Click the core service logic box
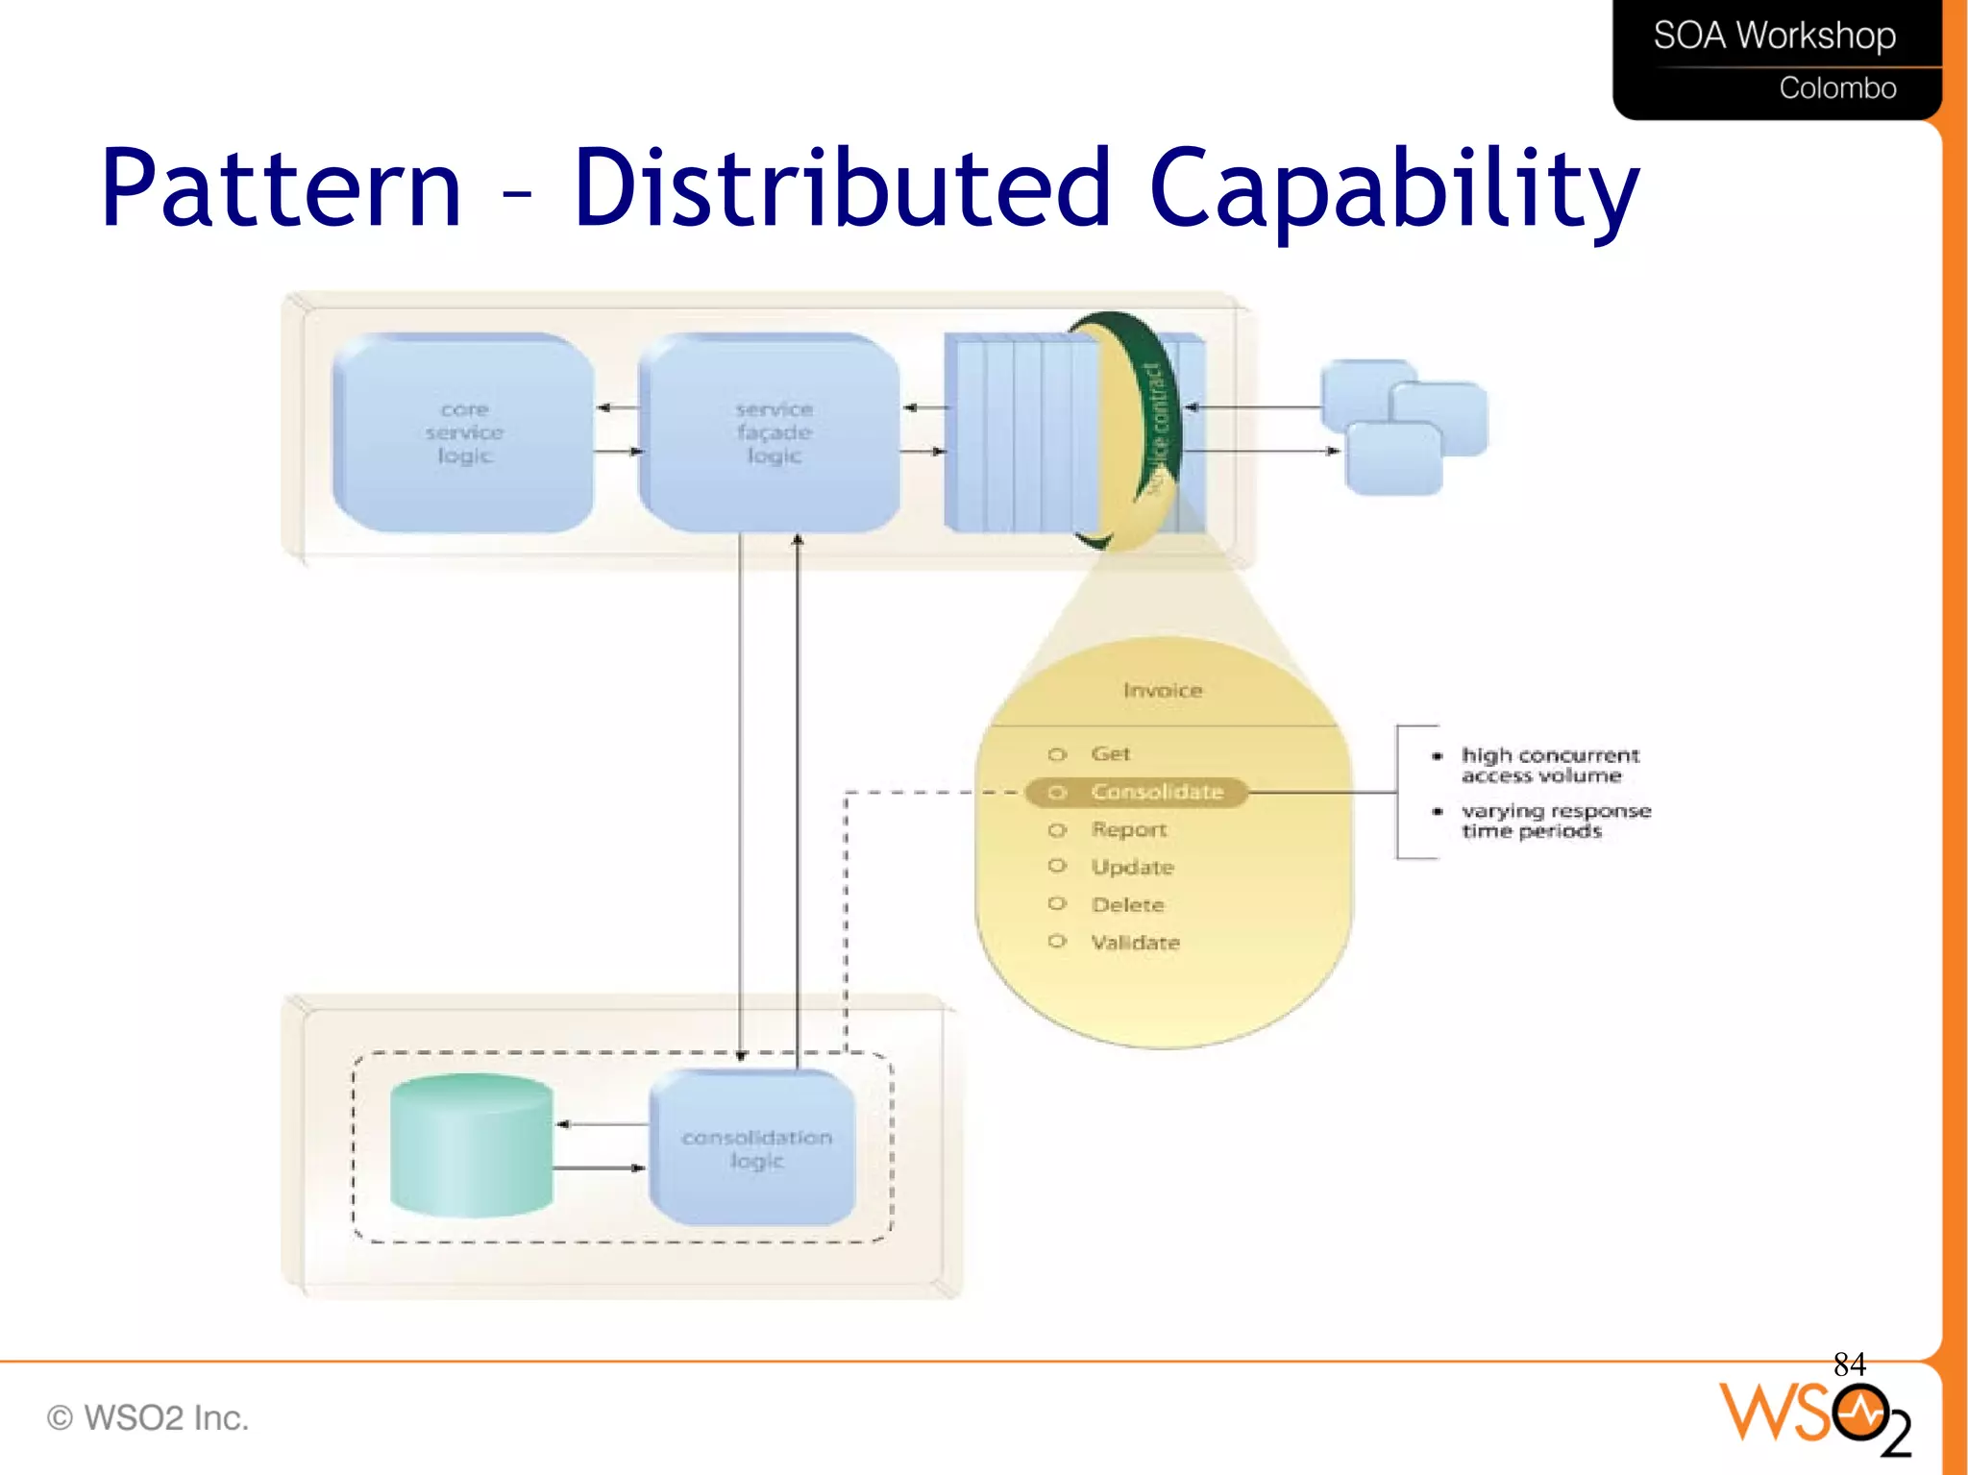click(464, 432)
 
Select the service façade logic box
click(773, 432)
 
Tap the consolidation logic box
click(755, 1148)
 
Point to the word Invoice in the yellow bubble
click(1162, 690)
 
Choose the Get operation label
click(1110, 753)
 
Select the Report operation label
click(1128, 829)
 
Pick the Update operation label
click(1132, 867)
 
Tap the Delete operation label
click(1127, 904)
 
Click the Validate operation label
click(1135, 943)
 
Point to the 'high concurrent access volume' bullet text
click(1549, 765)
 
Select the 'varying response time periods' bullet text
click(1555, 821)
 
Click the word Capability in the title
click(1393, 189)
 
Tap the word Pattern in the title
click(282, 189)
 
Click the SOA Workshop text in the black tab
click(1774, 36)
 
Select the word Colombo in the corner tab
click(1837, 87)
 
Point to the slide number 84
click(1849, 1364)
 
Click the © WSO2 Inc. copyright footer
click(148, 1417)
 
